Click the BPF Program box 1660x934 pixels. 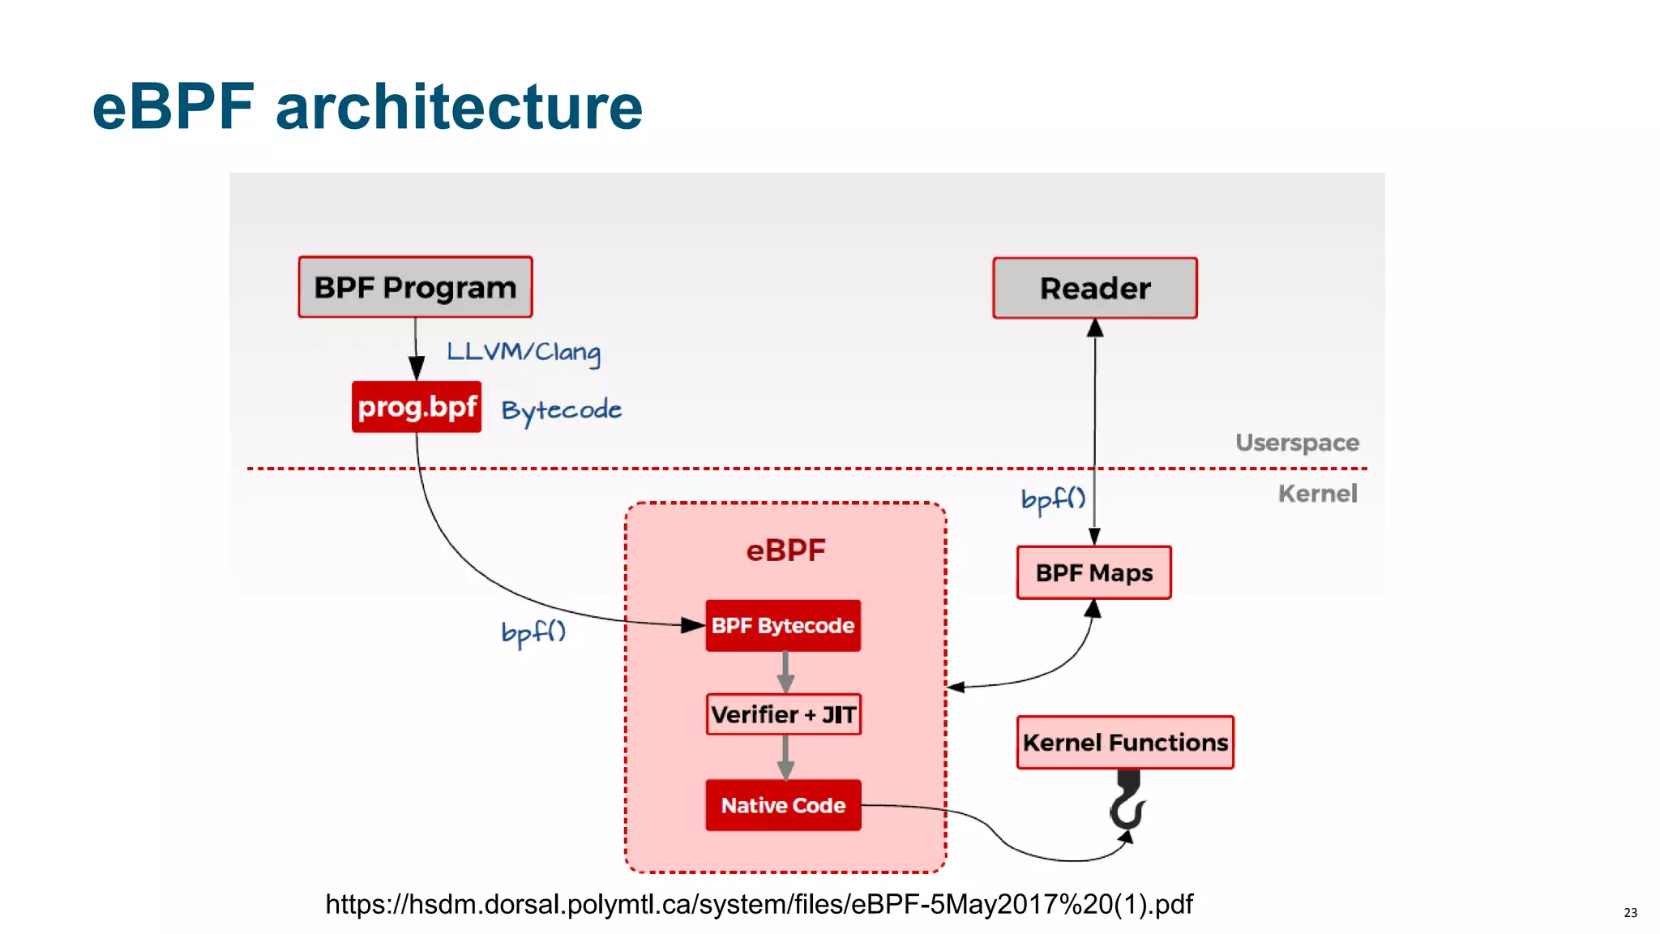click(415, 287)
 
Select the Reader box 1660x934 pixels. click(1094, 288)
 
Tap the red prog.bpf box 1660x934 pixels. click(417, 406)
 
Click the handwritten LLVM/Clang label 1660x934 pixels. click(524, 352)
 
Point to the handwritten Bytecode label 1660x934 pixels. click(561, 410)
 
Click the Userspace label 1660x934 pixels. click(1297, 443)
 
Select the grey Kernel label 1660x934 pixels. click(1317, 494)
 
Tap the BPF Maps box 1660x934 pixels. click(1093, 572)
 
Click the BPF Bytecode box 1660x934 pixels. click(783, 625)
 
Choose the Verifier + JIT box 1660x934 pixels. click(783, 714)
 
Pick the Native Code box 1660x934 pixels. click(783, 805)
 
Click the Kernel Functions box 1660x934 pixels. click(1125, 742)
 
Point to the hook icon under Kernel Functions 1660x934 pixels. click(1127, 804)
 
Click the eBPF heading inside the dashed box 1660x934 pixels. click(785, 551)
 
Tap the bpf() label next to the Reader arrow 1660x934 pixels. click(1052, 499)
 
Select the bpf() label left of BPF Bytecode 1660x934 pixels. click(533, 632)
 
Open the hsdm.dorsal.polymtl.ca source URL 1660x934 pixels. click(759, 904)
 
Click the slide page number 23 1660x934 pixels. click(1630, 913)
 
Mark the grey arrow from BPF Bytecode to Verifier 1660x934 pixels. click(785, 672)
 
